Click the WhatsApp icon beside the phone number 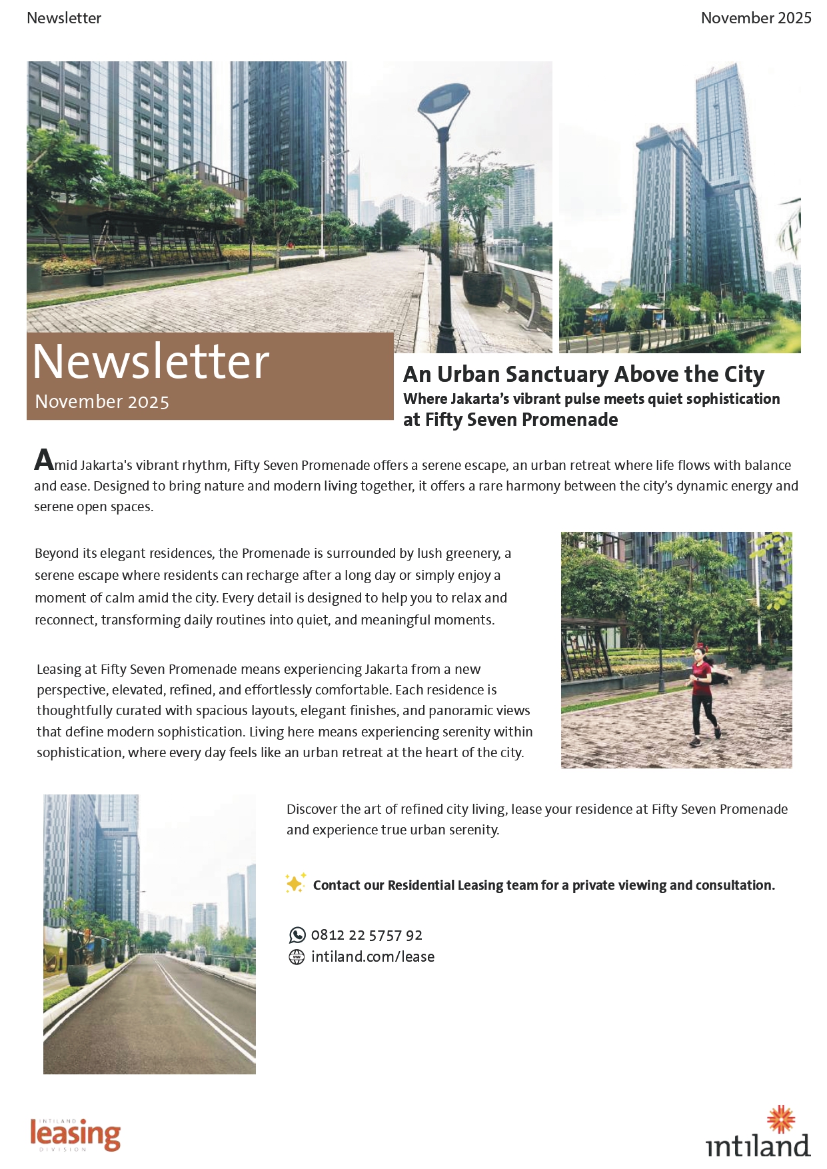pos(297,935)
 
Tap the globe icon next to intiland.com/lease pos(297,957)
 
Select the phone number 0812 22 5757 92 pos(367,935)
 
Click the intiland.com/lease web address pos(373,957)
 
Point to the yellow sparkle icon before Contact pos(295,883)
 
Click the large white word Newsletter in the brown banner pos(151,362)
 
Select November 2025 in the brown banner pos(102,402)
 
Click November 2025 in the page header pos(756,18)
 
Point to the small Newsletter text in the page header pos(64,18)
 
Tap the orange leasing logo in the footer pos(75,1134)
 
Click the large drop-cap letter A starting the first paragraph pos(44,461)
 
